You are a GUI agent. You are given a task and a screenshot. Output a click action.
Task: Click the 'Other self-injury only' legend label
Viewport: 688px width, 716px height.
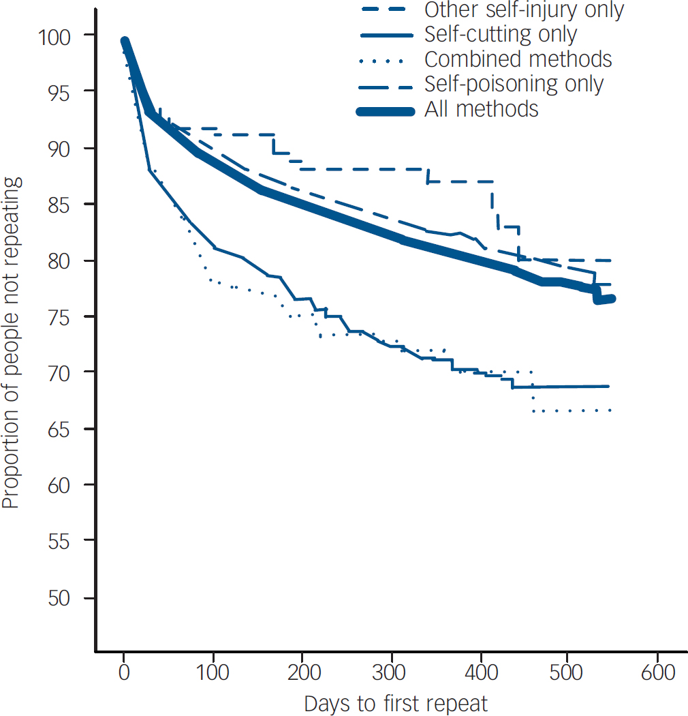[x=524, y=10]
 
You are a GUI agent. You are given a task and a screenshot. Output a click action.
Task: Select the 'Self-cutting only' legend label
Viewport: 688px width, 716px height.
[x=501, y=34]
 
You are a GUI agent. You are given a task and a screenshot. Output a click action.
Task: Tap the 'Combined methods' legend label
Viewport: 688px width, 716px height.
[x=518, y=59]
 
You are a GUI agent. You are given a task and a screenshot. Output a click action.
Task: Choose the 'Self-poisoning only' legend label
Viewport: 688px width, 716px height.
[x=514, y=84]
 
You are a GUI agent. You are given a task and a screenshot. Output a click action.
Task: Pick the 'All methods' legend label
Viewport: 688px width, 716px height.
[x=481, y=109]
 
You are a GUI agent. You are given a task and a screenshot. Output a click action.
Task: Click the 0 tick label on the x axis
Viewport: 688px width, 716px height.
[x=123, y=672]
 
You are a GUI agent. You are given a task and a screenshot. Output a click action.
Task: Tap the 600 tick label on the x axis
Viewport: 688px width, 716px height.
[x=658, y=672]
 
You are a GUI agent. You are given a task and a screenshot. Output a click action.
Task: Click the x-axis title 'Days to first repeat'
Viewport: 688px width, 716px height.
[x=396, y=703]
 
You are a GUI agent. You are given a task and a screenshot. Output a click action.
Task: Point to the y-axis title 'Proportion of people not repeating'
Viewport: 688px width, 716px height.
[x=12, y=343]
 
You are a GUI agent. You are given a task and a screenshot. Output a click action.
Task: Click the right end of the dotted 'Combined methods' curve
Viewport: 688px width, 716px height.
[x=610, y=411]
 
